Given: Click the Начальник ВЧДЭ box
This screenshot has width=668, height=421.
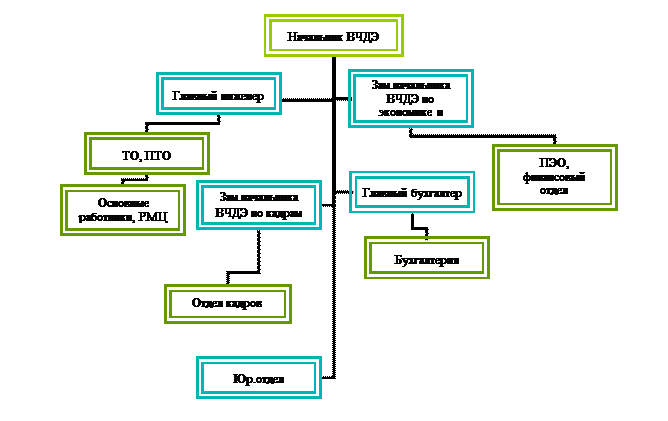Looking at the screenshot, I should (x=334, y=36).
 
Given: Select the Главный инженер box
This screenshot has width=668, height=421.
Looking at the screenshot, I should (x=218, y=95).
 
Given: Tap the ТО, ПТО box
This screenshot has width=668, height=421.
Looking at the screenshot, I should (x=146, y=154).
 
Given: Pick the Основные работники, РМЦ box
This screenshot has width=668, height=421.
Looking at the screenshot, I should (x=123, y=210).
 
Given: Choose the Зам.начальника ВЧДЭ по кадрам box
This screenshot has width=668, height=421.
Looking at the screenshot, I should (x=259, y=205).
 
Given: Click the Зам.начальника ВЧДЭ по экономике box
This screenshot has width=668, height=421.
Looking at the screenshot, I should (x=410, y=99).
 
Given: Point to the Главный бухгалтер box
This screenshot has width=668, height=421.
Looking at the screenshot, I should (x=411, y=193).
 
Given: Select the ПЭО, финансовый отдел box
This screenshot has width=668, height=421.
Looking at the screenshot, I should (x=554, y=177).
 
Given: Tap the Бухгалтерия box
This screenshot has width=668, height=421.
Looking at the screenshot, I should (x=427, y=259).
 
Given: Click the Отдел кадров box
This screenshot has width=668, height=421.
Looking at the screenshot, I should (x=227, y=304).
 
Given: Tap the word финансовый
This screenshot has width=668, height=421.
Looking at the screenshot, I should (x=554, y=177).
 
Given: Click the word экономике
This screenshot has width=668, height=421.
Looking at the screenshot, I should (x=404, y=112).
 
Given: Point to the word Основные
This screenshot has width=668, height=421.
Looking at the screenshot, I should (x=123, y=203).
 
